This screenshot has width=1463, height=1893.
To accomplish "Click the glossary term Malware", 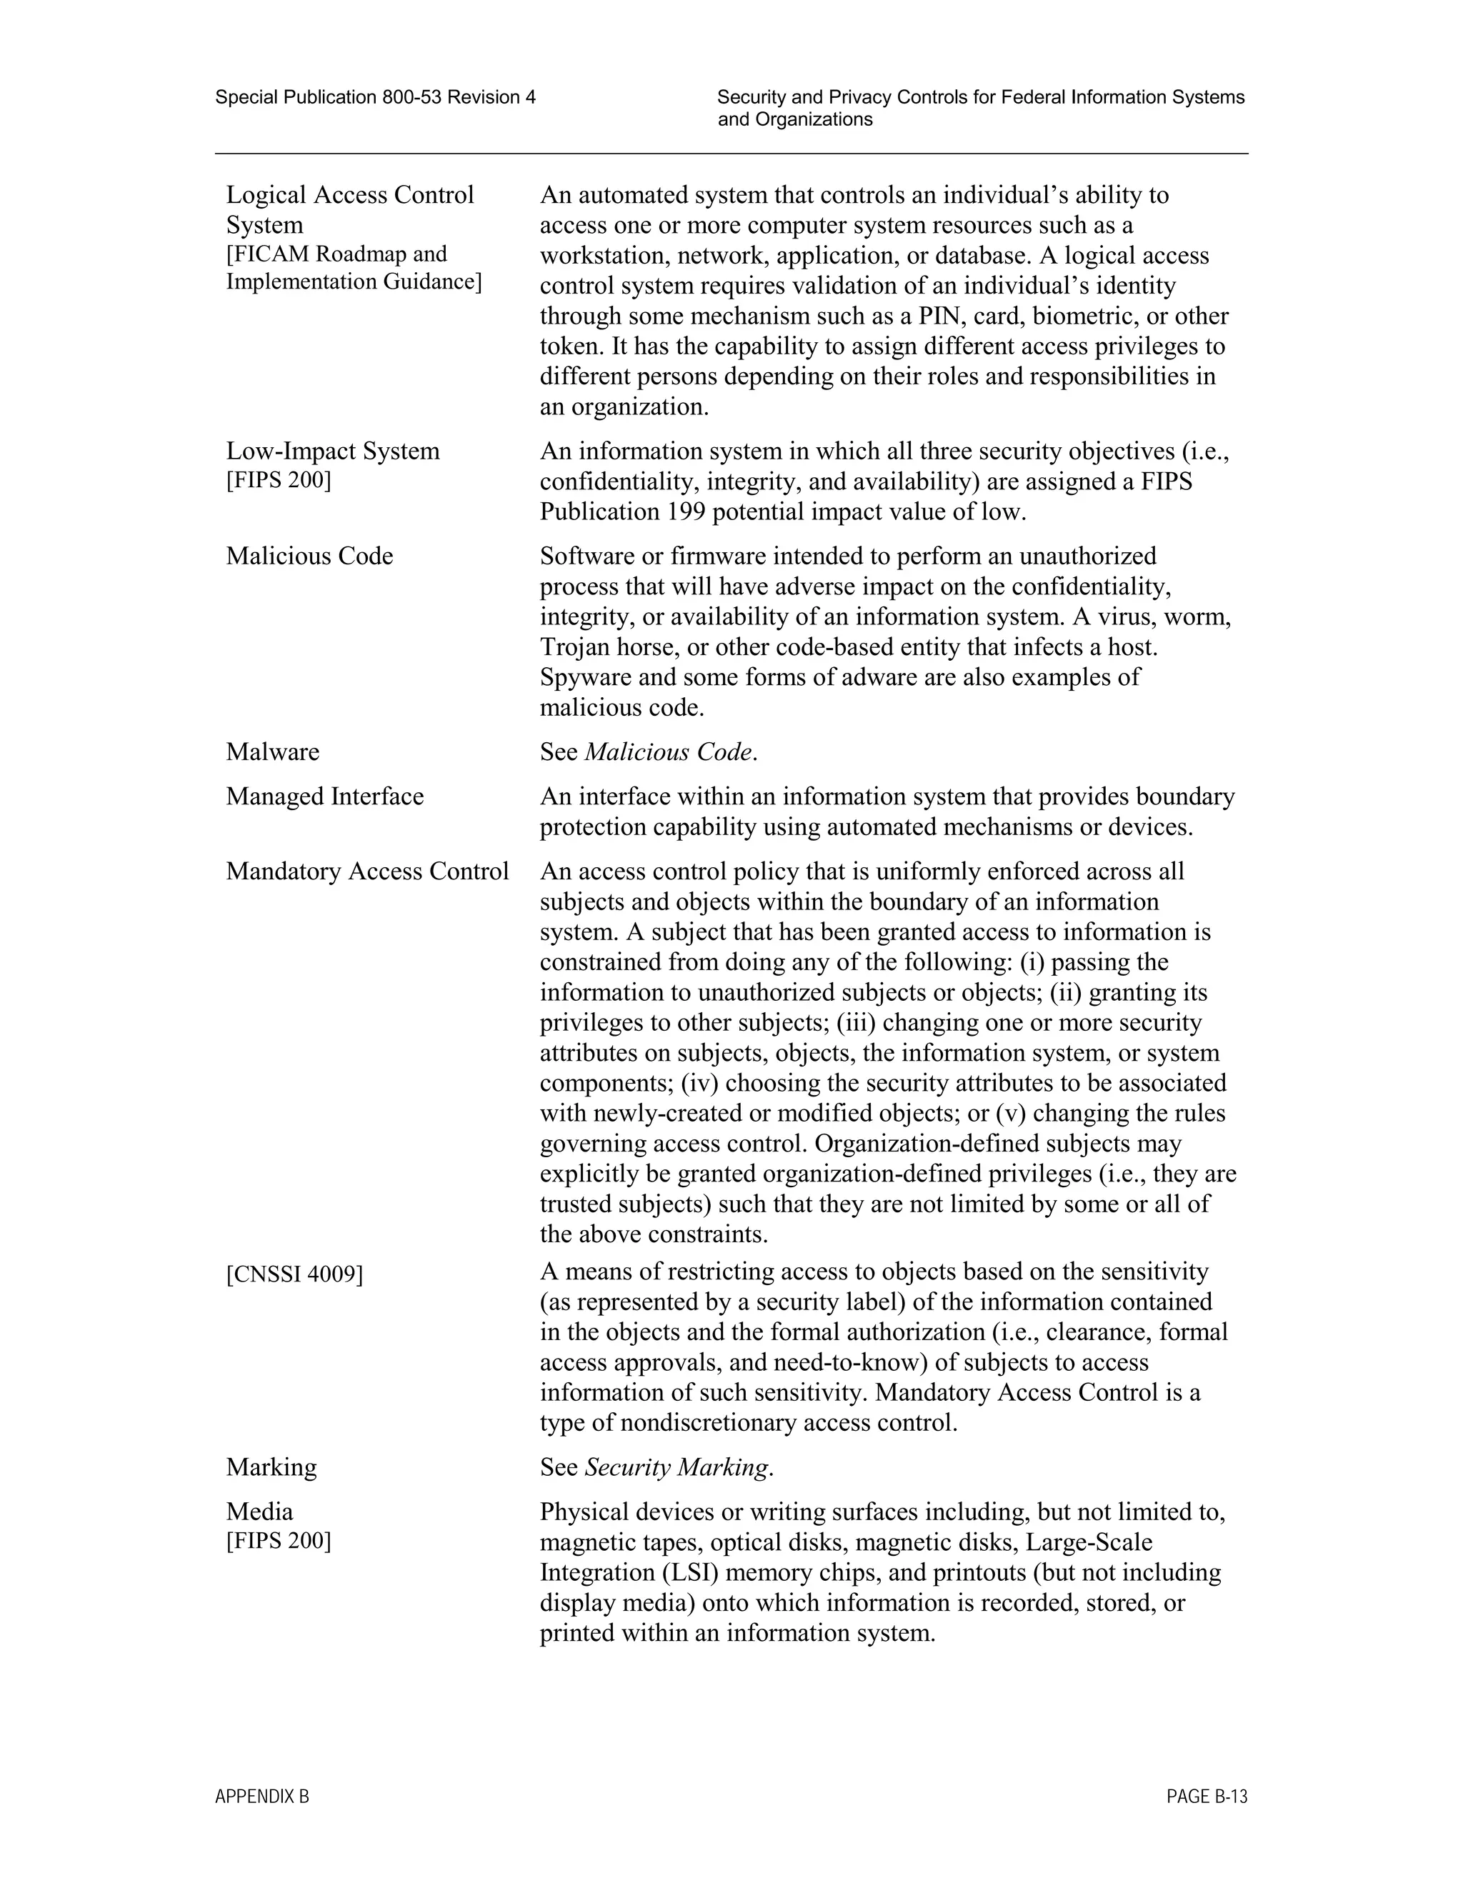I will coord(272,751).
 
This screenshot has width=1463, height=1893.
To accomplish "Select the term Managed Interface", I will coord(325,796).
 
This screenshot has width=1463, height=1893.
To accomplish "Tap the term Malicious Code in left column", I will coord(309,556).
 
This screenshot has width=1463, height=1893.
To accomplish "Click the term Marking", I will coord(271,1467).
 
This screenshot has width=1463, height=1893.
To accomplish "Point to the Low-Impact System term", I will coord(333,451).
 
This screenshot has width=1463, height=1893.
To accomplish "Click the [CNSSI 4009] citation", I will coord(295,1274).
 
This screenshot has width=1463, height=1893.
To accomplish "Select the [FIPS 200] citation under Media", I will coord(278,1540).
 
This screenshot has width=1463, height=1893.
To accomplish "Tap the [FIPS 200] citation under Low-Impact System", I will coord(278,479).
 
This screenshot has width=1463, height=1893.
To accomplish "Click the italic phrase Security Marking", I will coord(677,1467).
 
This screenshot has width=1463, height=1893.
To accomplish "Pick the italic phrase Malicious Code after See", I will coord(668,751).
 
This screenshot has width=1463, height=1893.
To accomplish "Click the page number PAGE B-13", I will coord(1207,1797).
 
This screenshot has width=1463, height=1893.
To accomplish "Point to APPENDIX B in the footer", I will coord(261,1797).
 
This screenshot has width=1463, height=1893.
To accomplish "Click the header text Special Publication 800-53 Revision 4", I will coord(375,97).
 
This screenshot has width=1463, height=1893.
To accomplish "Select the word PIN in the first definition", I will coord(939,316).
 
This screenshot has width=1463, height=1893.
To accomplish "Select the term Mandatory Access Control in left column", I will coord(367,871).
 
